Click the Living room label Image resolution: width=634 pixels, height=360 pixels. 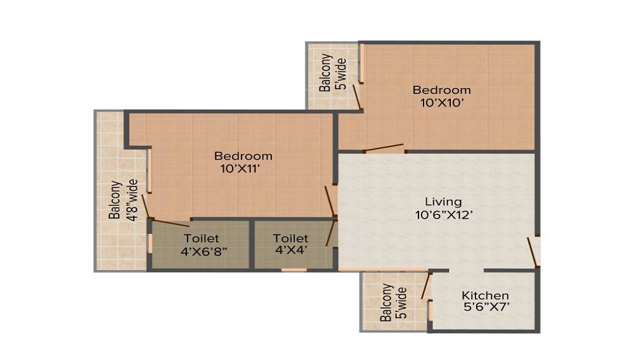443,201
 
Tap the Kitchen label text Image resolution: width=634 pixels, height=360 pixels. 485,295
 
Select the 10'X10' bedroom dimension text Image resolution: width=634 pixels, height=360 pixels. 441,103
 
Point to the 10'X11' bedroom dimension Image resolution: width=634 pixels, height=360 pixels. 240,169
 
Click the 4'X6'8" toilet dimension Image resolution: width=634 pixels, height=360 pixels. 204,252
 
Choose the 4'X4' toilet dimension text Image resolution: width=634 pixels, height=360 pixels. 291,250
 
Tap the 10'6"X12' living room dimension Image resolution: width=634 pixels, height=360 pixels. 444,215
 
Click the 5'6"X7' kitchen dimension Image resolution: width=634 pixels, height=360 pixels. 486,307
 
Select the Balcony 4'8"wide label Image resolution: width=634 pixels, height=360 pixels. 123,200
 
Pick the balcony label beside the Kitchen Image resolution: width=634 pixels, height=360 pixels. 393,302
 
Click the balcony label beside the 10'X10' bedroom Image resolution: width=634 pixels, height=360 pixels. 332,73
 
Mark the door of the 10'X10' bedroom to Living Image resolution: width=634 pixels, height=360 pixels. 384,148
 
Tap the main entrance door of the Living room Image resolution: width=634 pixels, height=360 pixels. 533,252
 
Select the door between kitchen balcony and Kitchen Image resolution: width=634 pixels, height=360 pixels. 426,286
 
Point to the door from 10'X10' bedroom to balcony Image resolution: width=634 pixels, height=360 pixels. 356,96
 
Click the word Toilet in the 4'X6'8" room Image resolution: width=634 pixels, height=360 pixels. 202,238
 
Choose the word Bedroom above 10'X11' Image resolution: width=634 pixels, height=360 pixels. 243,155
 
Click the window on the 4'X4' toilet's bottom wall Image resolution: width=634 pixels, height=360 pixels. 294,269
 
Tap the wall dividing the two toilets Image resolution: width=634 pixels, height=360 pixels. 252,244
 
